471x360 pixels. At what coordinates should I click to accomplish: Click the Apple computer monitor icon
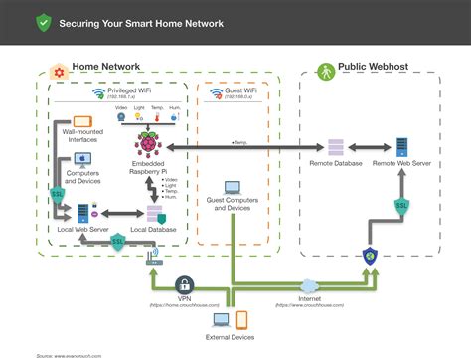[x=79, y=157]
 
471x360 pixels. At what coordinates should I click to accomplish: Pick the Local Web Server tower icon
[x=83, y=213]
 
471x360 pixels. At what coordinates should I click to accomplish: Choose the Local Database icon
[x=154, y=214]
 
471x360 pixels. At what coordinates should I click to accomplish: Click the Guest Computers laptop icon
[x=233, y=187]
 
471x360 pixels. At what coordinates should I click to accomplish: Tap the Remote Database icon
[x=335, y=147]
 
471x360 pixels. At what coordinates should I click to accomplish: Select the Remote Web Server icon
[x=402, y=147]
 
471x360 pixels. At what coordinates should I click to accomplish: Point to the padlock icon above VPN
[x=184, y=284]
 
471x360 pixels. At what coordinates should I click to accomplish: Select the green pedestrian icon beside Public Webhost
[x=324, y=71]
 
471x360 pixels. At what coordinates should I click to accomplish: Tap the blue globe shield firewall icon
[x=370, y=256]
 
